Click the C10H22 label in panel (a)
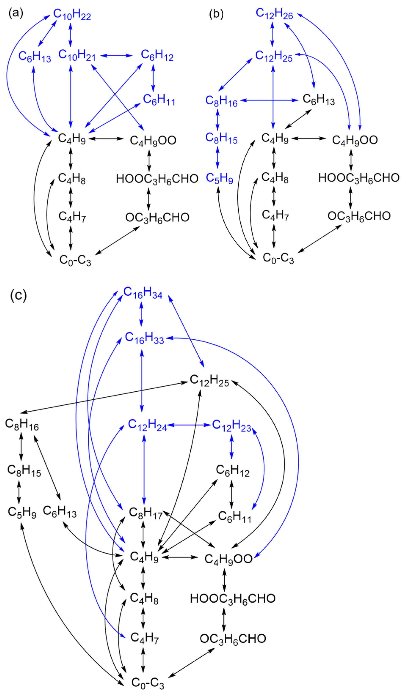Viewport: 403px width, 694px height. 72,14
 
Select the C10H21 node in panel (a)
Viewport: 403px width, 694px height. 77,55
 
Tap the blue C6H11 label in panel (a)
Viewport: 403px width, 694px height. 159,100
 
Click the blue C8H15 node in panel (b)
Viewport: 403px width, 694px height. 221,138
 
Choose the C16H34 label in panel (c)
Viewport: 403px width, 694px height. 143,293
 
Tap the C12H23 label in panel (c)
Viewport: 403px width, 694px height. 232,425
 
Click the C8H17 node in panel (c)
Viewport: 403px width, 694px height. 146,513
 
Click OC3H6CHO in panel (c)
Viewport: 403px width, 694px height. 233,639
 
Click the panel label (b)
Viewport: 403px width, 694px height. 216,14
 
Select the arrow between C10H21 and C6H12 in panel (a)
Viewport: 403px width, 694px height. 116,56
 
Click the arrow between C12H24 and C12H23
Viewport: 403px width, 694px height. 189,425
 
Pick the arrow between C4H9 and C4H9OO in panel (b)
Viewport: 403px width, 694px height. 309,138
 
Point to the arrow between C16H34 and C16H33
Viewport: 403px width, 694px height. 141,314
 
